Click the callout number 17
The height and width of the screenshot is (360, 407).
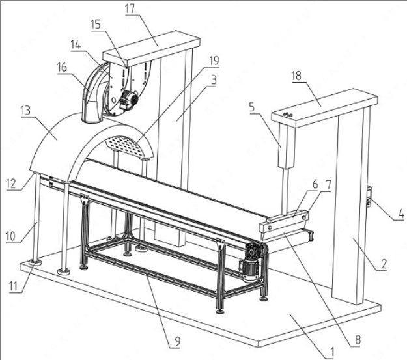pos(130,8)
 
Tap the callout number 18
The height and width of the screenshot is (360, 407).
pos(296,76)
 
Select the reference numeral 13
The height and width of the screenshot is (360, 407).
pos(25,111)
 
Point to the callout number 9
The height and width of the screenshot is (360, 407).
pos(177,341)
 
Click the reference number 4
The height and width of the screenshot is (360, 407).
pos(401,214)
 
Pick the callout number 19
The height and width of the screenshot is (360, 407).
pos(214,61)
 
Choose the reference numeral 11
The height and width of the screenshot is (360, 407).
pos(13,286)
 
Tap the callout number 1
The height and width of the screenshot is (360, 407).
pos(331,352)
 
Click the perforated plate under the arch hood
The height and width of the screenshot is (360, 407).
pos(125,145)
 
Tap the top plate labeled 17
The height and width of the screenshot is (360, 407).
pos(151,48)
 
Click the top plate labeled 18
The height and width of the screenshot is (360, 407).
pos(324,107)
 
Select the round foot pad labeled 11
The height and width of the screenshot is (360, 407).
pos(35,262)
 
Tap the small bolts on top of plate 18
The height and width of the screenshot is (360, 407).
pos(288,114)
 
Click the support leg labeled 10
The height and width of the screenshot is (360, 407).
pos(36,217)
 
